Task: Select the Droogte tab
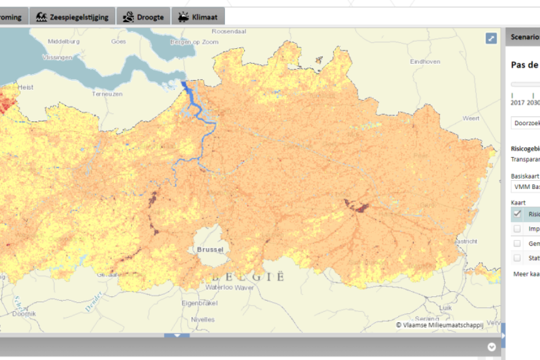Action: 144,17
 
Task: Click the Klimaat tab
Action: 198,17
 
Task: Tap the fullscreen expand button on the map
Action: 491,39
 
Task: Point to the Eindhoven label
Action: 425,62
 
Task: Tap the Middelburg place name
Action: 63,42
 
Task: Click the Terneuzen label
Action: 107,94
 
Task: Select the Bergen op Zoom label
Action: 194,42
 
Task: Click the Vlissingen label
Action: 57,57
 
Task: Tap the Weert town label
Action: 471,118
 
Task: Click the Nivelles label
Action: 203,319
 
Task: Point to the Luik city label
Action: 446,308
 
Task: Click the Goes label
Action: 119,42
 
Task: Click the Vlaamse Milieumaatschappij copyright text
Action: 439,325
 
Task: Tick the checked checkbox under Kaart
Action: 517,214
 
